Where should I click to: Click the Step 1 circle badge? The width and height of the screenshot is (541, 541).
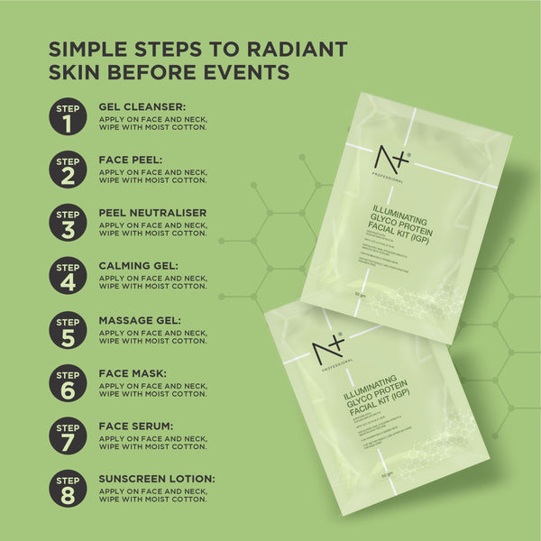69,116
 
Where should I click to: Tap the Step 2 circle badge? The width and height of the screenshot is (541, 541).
69,170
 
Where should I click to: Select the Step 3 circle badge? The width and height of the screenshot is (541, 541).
69,223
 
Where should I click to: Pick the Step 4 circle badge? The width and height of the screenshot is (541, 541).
69,276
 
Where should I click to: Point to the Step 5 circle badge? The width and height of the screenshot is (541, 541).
69,329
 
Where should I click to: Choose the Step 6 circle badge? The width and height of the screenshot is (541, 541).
69,382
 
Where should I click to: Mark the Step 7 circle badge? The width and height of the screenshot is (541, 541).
69,436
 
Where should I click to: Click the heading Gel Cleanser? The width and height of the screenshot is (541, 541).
142,106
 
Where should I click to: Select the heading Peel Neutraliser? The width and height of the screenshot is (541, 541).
152,213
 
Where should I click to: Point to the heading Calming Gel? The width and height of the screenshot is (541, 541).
139,266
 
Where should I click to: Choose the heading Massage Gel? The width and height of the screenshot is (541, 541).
140,319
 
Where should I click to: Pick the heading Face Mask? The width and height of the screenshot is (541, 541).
133,372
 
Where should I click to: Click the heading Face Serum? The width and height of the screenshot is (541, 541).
136,426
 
